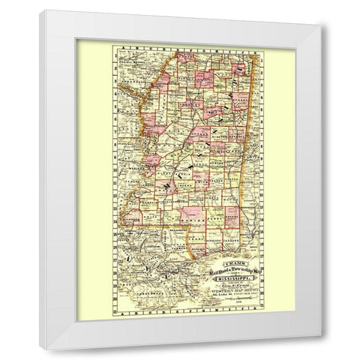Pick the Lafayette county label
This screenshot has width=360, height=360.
coord(198,82)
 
